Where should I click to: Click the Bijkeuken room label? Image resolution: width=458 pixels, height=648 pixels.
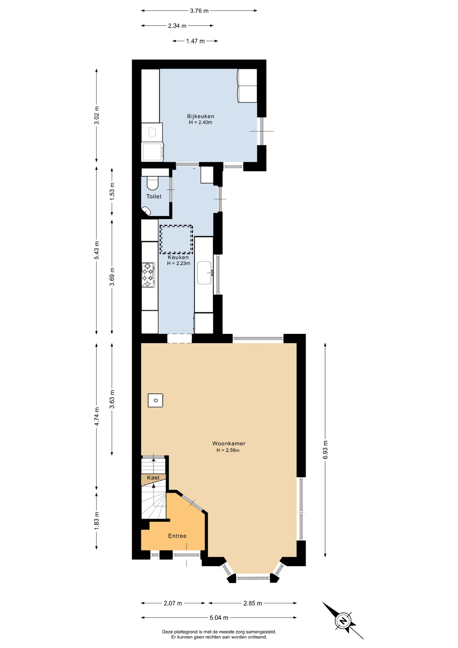201,116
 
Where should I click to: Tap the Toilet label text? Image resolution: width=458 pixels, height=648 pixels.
154,196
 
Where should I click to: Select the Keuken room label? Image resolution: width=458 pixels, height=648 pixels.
178,257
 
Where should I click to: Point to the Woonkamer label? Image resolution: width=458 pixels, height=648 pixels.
229,443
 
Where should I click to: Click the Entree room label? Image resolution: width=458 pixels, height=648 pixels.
177,536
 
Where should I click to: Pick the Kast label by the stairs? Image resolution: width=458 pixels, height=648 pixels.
153,478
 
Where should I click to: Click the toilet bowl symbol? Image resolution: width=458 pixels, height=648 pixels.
153,183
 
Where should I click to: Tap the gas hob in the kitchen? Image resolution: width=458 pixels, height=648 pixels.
148,275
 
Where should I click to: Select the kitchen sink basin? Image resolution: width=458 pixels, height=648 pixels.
204,273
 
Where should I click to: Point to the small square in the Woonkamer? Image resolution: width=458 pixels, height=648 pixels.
155,400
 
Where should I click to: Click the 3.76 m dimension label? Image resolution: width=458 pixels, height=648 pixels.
199,11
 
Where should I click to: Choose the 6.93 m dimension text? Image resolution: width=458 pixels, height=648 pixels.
325,450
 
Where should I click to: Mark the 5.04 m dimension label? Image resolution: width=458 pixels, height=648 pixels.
219,618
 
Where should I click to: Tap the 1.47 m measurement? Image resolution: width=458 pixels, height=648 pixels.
195,41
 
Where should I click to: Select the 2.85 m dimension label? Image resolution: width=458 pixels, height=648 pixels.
253,603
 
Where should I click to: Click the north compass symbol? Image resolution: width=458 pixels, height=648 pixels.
343,620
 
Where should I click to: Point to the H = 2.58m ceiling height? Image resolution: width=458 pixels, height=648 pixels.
228,450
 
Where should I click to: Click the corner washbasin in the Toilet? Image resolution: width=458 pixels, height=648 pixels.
146,211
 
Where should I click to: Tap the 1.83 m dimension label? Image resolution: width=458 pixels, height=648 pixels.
96,521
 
